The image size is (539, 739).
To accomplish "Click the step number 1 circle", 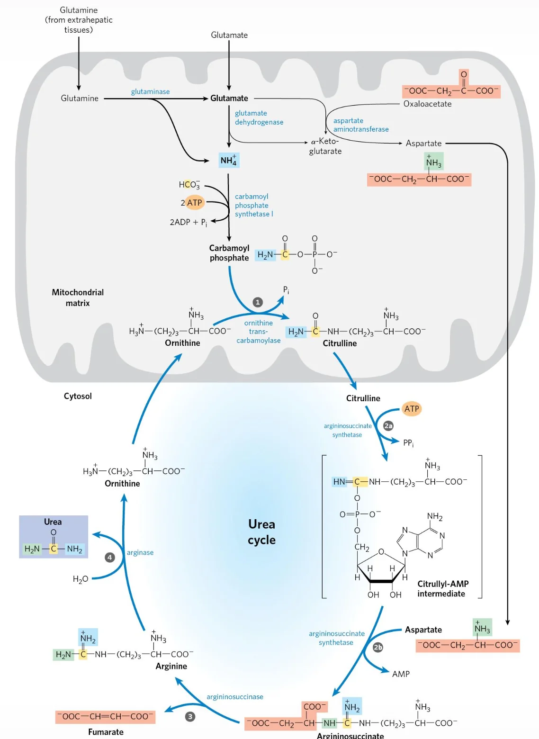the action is click(258, 302).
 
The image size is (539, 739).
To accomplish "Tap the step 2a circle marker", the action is click(388, 426).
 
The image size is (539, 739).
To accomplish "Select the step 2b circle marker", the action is click(377, 647).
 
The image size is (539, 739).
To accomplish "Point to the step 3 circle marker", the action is click(190, 717).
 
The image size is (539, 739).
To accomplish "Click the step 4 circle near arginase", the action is click(109, 558).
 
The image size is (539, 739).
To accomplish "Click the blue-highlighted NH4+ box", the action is click(229, 160).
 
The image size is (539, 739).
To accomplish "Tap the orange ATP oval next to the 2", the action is click(195, 203).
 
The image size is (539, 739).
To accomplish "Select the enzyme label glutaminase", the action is click(151, 92).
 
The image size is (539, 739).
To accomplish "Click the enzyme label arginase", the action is click(140, 553).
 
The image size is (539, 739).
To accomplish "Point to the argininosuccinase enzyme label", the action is click(235, 697).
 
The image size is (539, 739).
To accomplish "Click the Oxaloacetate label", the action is click(428, 104).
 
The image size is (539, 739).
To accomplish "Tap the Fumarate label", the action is click(106, 732).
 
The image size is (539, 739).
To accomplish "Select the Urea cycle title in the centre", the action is click(261, 532).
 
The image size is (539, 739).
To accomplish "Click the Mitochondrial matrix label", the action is click(78, 297).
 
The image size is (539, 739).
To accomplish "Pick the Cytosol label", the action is click(78, 396).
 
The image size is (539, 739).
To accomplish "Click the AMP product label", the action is click(401, 674).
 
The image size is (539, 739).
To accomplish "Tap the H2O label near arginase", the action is click(81, 579).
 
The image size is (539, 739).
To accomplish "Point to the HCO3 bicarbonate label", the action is click(189, 185).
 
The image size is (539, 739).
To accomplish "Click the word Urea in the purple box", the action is click(53, 522).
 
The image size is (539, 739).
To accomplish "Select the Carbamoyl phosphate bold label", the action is click(229, 252).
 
